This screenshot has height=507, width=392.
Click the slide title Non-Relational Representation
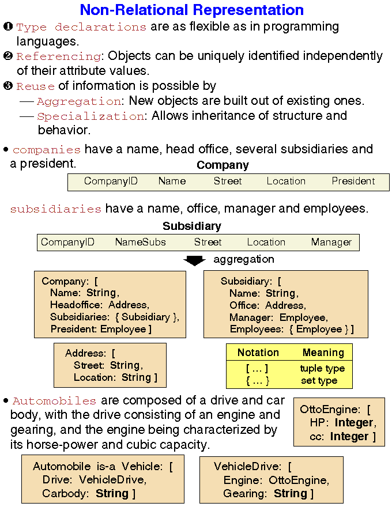pyautogui.click(x=191, y=10)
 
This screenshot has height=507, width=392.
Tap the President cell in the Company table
pyautogui.click(x=353, y=181)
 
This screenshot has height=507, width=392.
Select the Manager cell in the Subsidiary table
pyautogui.click(x=331, y=242)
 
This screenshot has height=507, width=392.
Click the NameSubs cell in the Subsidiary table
pyautogui.click(x=140, y=242)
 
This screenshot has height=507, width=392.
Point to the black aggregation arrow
pyautogui.click(x=194, y=261)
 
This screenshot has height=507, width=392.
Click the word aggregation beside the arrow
pyautogui.click(x=243, y=259)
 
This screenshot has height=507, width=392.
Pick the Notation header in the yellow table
pyautogui.click(x=258, y=353)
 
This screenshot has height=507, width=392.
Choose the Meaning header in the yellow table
pyautogui.click(x=323, y=353)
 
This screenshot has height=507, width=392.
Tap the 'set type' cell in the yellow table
pyautogui.click(x=319, y=381)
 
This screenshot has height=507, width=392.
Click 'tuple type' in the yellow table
pyautogui.click(x=322, y=369)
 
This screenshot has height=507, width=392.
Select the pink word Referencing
pyautogui.click(x=58, y=56)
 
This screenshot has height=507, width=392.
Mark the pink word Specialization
pyautogui.click(x=90, y=116)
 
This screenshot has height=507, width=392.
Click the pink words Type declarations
pyautogui.click(x=81, y=27)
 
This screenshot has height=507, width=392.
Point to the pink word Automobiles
pyautogui.click(x=54, y=401)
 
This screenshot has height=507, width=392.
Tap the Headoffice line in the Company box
pyautogui.click(x=99, y=305)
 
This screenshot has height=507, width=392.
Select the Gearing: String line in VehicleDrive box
pyautogui.click(x=268, y=493)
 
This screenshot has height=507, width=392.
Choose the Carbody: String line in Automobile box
pyautogui.click(x=89, y=493)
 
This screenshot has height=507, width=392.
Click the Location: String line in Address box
pyautogui.click(x=115, y=378)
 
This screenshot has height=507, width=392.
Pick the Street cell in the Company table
pyautogui.click(x=228, y=181)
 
